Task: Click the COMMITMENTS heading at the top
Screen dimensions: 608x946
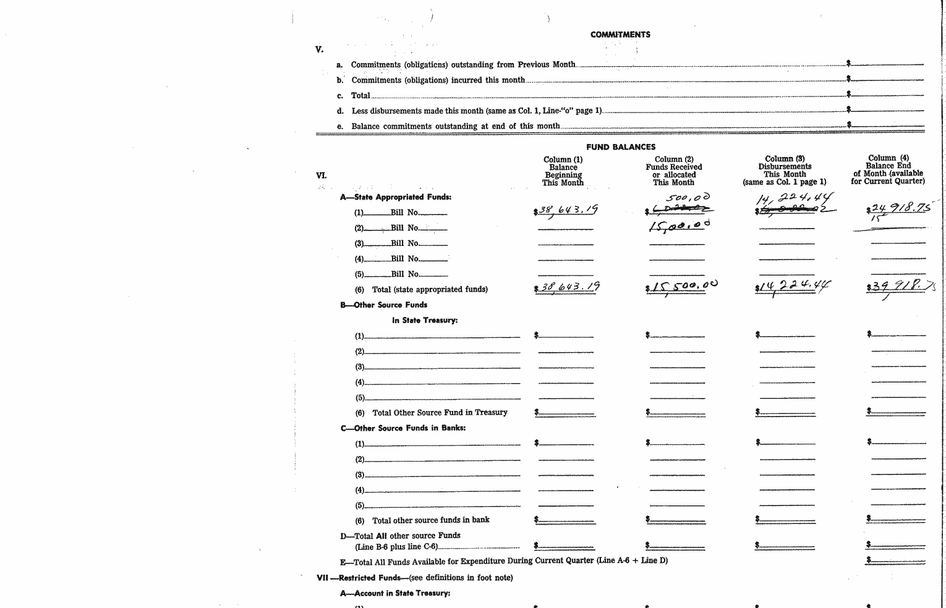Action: coord(620,35)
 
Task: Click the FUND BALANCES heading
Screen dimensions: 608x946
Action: coord(621,147)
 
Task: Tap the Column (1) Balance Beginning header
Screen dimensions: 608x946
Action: coord(563,171)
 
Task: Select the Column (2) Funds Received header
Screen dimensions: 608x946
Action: coord(674,171)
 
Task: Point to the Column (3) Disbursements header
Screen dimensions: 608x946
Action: coord(785,170)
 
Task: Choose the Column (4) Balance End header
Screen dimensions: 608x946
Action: coord(888,169)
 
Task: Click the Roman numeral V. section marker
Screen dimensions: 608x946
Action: coord(319,49)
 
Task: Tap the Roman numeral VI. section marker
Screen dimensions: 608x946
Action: coord(321,175)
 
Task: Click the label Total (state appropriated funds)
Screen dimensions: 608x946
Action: coord(429,289)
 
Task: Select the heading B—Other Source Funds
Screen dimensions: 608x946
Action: coord(383,305)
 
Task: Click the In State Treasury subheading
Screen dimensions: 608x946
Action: coord(424,320)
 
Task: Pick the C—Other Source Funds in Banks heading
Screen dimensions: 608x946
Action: coord(403,428)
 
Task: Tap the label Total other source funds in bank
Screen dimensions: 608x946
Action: coord(430,520)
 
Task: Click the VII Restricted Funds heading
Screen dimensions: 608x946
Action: coord(414,578)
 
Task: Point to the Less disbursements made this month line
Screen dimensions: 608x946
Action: coord(476,111)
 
